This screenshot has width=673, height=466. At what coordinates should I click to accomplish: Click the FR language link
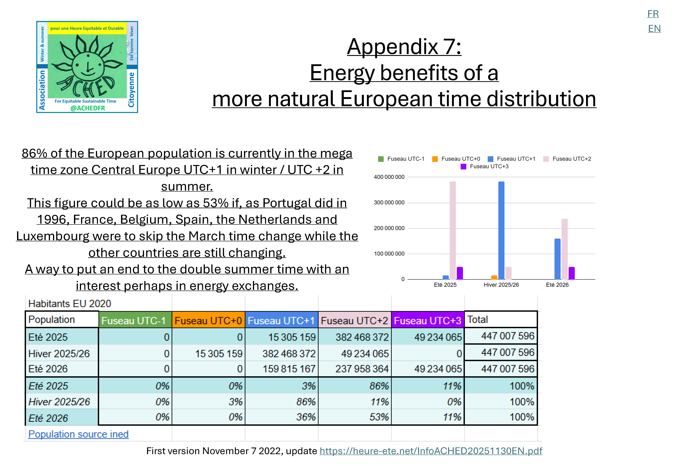653,14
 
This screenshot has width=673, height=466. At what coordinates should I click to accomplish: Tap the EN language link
654,29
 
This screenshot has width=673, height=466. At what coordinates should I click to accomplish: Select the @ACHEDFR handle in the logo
88,108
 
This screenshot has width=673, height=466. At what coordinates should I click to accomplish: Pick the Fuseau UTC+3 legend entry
484,166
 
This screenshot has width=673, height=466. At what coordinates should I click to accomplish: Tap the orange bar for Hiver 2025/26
494,277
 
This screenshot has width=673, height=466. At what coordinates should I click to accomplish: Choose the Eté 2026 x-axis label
557,285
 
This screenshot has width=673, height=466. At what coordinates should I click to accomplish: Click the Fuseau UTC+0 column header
208,321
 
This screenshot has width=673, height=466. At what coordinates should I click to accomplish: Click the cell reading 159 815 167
289,369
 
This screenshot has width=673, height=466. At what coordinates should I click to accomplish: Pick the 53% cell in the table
379,417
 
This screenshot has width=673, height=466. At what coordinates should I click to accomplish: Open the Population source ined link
78,434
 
